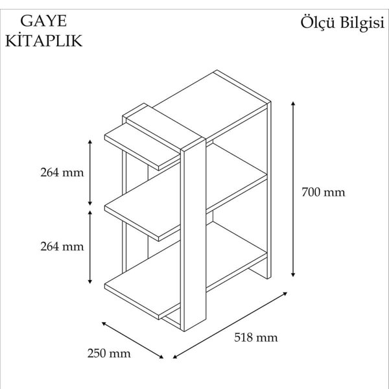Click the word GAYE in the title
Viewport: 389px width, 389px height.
(43, 21)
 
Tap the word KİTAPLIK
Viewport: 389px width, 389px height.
(43, 41)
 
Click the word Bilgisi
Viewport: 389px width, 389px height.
(362, 23)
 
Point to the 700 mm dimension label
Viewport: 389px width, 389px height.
(324, 193)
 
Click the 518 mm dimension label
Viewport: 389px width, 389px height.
(256, 338)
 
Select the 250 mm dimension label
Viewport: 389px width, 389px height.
(109, 353)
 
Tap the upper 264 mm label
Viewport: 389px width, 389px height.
(62, 172)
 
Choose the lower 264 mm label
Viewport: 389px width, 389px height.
(62, 246)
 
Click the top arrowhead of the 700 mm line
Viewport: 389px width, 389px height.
(293, 103)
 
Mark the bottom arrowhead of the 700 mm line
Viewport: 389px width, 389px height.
(293, 275)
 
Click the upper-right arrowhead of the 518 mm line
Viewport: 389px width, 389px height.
(285, 294)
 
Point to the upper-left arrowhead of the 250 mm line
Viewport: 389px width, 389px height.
(104, 324)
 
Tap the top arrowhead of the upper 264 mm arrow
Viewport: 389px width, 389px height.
(90, 141)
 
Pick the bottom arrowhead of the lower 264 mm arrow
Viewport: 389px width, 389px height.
(90, 281)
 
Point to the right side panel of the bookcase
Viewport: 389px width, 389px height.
(268, 190)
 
